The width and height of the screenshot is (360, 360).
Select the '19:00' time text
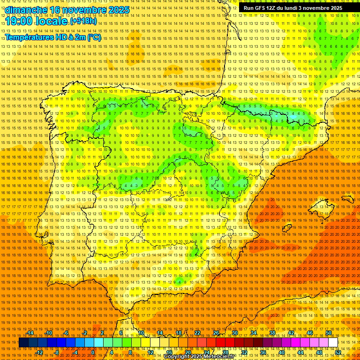[20, 21]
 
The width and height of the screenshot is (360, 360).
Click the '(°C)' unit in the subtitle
[94, 37]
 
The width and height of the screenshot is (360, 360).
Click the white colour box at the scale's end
[333, 343]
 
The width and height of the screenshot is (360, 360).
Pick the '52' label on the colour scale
[337, 352]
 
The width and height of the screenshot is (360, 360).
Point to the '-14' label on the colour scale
[30, 333]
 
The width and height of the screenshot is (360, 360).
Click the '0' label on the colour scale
[93, 352]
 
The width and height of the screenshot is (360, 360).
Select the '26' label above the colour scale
[216, 333]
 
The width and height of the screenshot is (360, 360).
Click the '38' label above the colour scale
[272, 333]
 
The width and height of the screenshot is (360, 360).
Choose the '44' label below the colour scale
[300, 352]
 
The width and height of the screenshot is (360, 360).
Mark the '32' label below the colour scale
[244, 352]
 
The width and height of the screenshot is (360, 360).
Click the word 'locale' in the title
[52, 21]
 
